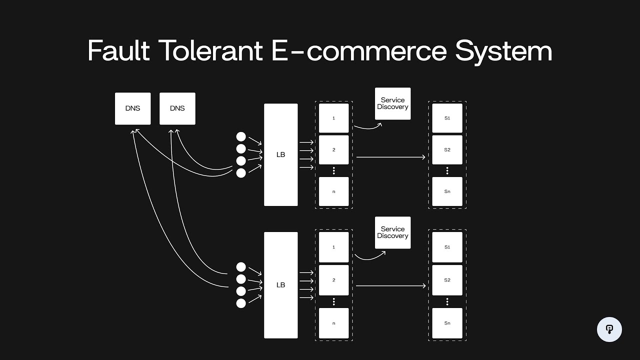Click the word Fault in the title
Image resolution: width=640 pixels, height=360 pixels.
click(118, 51)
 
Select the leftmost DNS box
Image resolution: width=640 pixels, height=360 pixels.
click(133, 108)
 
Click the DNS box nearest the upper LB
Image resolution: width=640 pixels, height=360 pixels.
click(177, 108)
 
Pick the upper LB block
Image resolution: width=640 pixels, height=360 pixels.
click(281, 154)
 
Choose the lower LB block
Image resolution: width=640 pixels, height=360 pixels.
click(281, 285)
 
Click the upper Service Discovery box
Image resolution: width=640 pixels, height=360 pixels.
click(393, 104)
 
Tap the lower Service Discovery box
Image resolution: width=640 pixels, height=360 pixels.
click(393, 232)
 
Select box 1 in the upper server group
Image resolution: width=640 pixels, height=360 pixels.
click(334, 118)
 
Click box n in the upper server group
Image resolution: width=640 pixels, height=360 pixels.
click(334, 191)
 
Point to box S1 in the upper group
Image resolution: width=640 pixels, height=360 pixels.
click(447, 118)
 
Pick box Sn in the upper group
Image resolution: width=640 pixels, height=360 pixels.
click(447, 191)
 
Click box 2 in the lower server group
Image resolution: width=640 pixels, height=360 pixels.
click(334, 280)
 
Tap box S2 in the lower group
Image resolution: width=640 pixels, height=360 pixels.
click(447, 280)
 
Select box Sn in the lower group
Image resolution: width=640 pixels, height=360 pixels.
click(447, 323)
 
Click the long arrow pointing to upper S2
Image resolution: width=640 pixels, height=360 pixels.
click(390, 157)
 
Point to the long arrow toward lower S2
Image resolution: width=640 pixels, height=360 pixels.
click(390, 286)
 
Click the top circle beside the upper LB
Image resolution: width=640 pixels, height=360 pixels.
click(241, 137)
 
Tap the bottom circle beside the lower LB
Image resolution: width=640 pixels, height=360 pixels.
click(241, 303)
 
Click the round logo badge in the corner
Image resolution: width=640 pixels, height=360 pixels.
click(609, 329)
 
